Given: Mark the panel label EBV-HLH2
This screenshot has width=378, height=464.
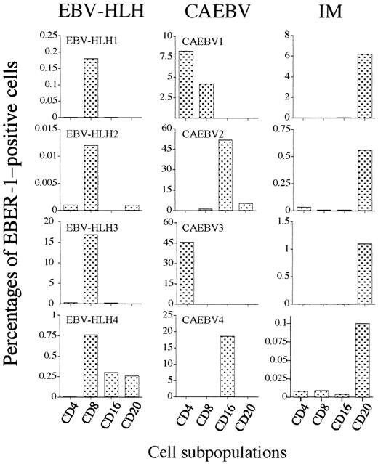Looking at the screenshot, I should point(86,134).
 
